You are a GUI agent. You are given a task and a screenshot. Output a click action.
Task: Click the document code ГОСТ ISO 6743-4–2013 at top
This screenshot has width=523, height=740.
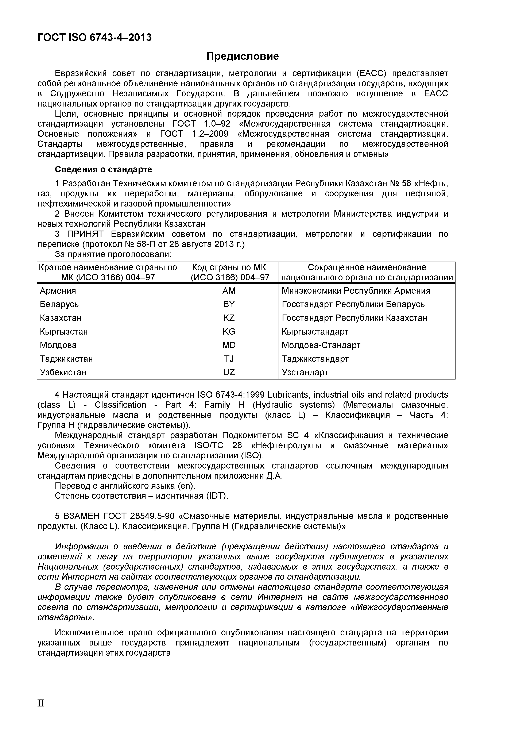point(94,38)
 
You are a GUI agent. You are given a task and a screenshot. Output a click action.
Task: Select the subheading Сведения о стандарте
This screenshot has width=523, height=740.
point(103,169)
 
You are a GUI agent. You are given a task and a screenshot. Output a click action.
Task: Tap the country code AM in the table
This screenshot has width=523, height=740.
point(229,291)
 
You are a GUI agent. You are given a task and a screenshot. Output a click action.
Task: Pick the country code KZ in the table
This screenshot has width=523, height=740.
point(229,318)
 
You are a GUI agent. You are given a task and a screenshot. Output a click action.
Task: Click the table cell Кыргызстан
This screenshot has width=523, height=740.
point(64,332)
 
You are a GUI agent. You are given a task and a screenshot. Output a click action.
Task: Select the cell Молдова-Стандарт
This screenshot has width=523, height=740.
point(321,345)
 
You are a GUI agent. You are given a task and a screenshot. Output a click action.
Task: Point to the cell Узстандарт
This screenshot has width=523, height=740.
point(305,372)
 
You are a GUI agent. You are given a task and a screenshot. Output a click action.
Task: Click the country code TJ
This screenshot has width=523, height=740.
point(229,359)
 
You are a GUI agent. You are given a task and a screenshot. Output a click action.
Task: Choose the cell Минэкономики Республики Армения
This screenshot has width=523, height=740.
point(356,291)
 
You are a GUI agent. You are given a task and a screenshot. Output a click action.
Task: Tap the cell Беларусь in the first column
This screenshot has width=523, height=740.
point(59,304)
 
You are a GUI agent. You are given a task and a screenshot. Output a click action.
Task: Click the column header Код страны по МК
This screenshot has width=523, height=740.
point(229,267)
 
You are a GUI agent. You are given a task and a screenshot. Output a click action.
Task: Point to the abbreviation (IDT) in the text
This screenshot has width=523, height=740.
point(217,496)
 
